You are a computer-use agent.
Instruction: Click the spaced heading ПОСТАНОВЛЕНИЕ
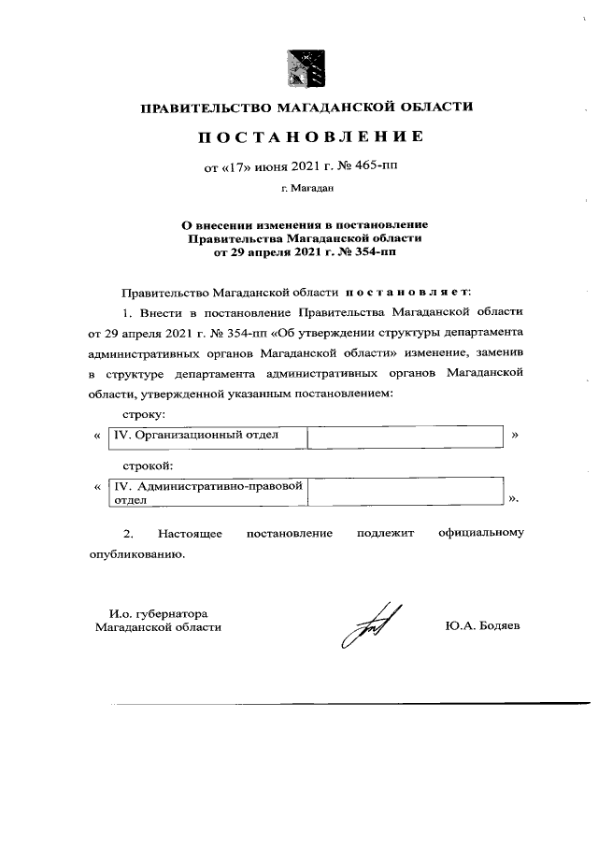point(309,137)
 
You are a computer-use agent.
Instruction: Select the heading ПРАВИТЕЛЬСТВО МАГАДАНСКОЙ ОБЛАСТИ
point(306,108)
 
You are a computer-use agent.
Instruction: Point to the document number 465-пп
point(389,168)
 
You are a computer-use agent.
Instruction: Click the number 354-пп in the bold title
point(374,251)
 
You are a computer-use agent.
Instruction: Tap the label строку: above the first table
point(145,413)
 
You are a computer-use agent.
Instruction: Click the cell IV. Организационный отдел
point(207,436)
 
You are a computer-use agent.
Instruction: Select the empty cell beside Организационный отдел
point(405,436)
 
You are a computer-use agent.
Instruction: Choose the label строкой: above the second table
point(149,465)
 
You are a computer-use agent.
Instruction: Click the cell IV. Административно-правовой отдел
point(207,493)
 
